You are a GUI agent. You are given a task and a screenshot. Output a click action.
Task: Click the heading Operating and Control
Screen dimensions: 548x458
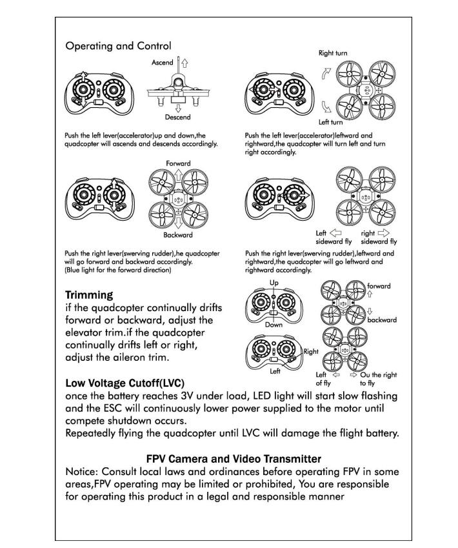(118, 46)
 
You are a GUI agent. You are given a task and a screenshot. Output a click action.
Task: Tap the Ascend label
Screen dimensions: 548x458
(163, 63)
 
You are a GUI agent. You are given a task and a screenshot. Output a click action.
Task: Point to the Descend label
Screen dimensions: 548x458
(177, 117)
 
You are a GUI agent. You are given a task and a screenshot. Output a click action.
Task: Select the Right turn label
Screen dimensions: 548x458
(334, 53)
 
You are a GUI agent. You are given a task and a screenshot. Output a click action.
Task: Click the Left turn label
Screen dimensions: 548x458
(331, 122)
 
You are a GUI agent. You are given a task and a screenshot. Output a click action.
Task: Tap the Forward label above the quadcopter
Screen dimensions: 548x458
(178, 164)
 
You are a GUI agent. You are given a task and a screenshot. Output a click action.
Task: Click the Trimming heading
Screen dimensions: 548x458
(89, 295)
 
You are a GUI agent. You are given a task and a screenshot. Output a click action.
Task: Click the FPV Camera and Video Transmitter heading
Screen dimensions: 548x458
(234, 459)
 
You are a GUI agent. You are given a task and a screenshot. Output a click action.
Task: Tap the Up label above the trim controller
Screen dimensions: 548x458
(274, 283)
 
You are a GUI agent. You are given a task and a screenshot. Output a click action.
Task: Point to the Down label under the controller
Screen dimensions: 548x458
(274, 325)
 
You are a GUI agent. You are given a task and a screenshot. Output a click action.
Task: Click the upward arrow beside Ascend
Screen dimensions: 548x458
(184, 63)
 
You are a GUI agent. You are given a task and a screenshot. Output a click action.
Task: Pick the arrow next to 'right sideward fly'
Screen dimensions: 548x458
(384, 233)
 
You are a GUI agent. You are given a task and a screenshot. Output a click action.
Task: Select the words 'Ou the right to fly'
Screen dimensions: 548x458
(379, 379)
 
